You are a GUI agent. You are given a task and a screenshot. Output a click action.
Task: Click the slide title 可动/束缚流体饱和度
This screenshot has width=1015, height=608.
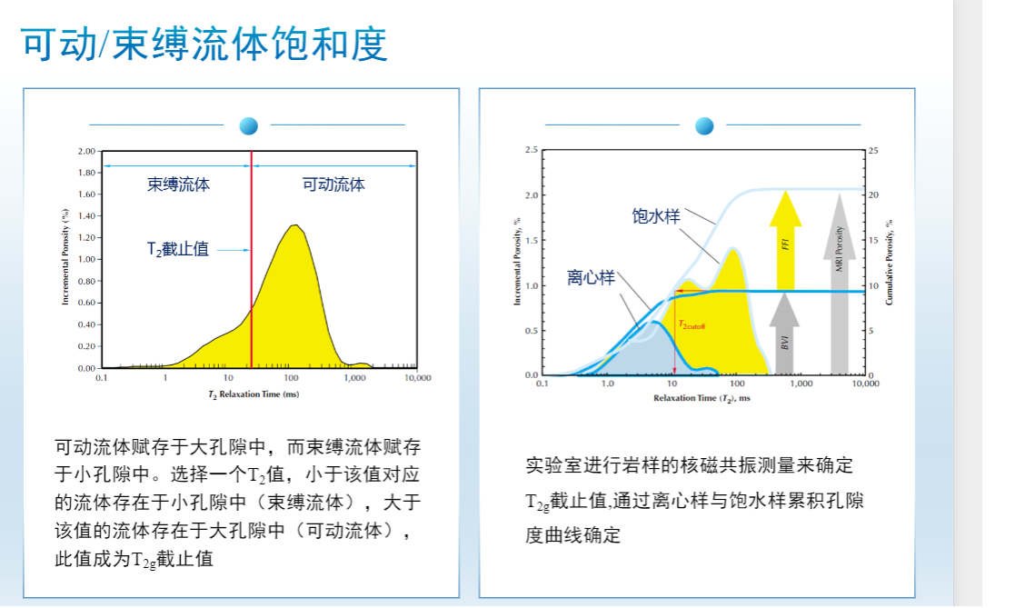[204, 43]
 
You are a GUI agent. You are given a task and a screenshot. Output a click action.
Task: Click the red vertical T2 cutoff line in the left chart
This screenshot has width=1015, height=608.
[252, 273]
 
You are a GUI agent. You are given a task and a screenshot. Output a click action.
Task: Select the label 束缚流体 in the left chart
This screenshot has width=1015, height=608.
[179, 184]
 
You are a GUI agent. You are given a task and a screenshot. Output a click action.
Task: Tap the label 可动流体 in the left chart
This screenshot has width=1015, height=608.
[333, 184]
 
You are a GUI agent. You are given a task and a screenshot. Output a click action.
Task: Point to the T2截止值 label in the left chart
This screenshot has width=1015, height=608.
[178, 247]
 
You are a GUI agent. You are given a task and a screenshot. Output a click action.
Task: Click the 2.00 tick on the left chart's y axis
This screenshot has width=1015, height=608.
[86, 151]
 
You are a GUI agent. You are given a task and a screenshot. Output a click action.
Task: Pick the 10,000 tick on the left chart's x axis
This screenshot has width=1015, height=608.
[417, 377]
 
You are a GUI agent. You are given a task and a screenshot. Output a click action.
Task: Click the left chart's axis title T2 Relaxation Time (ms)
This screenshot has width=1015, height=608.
[254, 394]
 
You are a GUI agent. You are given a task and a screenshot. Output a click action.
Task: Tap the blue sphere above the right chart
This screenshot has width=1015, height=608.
[705, 125]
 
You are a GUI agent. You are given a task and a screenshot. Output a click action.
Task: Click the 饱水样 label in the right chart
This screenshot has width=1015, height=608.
[656, 217]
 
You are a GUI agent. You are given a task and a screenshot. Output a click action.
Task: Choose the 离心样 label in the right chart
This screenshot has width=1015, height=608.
[591, 278]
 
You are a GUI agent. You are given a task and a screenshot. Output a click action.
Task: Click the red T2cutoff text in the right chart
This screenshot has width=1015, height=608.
[692, 324]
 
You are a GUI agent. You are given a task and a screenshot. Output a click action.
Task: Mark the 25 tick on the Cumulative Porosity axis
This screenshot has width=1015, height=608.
[874, 151]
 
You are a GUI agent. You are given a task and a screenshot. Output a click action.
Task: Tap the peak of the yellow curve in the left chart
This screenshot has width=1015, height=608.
[293, 226]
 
